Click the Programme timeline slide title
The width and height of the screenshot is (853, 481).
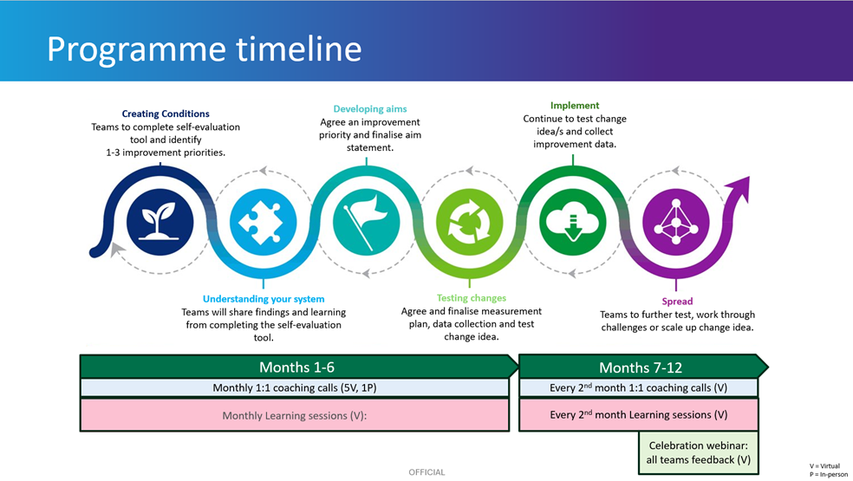(x=204, y=49)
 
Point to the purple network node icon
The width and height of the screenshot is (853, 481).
(x=674, y=218)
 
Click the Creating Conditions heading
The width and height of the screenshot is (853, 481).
(x=166, y=114)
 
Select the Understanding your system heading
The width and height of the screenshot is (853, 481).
(x=264, y=299)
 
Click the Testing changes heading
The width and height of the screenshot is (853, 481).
(x=472, y=298)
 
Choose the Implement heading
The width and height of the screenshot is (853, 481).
(x=575, y=106)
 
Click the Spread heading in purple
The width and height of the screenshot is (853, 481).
(x=677, y=302)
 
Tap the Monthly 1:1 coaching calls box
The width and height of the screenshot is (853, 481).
(x=294, y=388)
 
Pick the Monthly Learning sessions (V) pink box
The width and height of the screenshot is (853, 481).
(x=294, y=415)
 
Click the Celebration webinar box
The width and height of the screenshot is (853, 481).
(x=698, y=452)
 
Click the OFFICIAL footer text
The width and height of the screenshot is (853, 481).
(x=426, y=472)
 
